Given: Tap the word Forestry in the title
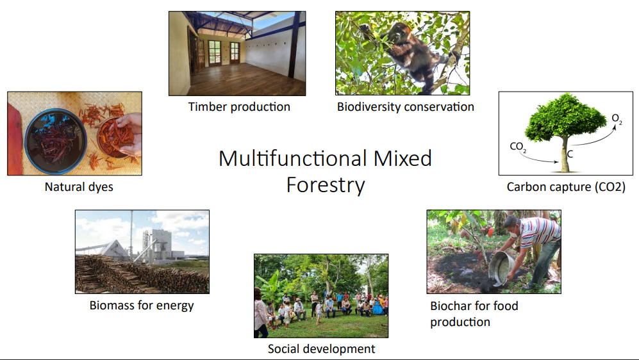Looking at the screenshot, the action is pos(325,185).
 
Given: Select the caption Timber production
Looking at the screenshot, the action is pos(239,107).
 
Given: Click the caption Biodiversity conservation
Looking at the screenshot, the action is pos(406,107).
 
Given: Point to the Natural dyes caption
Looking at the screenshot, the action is pos(79,187).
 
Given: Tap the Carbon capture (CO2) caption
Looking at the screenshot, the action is pos(566,187).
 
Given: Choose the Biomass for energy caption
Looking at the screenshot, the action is pos(142,306).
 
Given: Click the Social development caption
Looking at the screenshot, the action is pos(321,349).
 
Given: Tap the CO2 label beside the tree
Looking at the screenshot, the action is pos(518,147).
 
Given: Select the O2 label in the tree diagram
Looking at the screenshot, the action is pos(617,119).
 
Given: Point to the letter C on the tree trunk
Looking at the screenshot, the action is pos(570,154).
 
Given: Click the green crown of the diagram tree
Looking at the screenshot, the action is pos(565,117).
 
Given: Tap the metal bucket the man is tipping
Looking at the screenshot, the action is pos(502,269).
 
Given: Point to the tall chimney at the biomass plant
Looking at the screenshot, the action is pos(131,234).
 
